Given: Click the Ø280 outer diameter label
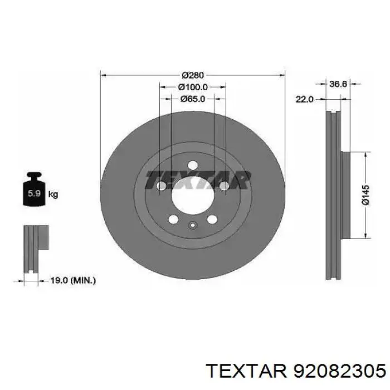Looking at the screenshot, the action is click(193, 75).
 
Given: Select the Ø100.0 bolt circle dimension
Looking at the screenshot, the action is click(193, 87).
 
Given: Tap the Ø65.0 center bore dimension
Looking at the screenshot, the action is click(193, 99).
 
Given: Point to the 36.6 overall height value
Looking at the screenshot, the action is click(338, 84).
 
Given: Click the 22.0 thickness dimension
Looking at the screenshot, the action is click(304, 100).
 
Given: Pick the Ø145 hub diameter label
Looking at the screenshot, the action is click(365, 195).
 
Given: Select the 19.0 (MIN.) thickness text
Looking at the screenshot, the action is click(73, 281).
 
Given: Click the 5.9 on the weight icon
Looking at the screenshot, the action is click(34, 193).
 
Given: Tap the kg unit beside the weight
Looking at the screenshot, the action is click(53, 194).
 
